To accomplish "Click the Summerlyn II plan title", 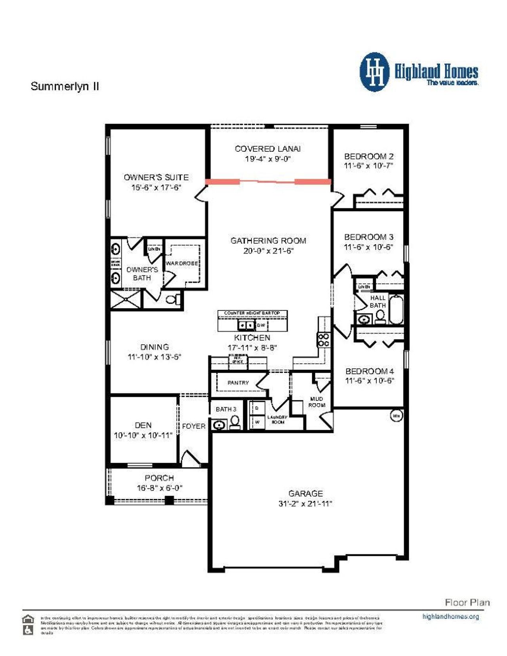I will (x=65, y=86).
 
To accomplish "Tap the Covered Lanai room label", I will (x=267, y=149).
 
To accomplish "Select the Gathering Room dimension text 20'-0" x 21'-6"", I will (x=268, y=251).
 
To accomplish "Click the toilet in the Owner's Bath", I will (x=173, y=299).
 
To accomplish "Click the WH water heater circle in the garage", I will (x=396, y=416).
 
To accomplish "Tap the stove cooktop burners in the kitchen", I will (x=323, y=340).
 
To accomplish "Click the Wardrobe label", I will (x=182, y=263).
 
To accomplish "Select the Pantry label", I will (x=238, y=383).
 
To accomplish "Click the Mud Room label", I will (x=317, y=402).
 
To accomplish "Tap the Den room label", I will (x=143, y=425).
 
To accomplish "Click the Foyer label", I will (x=194, y=426).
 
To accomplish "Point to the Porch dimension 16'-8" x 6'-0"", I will (x=159, y=488).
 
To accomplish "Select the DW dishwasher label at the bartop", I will (x=261, y=325).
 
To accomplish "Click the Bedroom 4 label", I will (x=369, y=371).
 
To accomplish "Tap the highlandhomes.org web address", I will (x=450, y=616).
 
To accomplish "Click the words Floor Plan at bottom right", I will (x=467, y=603).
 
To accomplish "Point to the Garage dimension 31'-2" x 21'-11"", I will (x=305, y=504).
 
